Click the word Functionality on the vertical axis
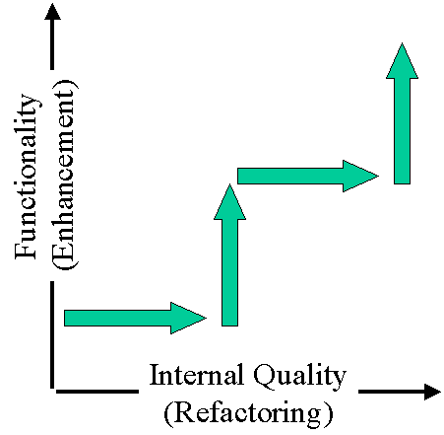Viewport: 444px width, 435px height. coord(27,177)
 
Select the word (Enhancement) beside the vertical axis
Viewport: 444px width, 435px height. coord(65,175)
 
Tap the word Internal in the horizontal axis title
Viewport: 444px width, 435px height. coord(197,375)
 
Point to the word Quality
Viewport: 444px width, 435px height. coord(299,377)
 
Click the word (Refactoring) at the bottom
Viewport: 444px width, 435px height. coord(248,413)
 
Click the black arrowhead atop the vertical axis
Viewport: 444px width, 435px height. coord(52,12)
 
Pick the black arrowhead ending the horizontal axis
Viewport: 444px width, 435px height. coord(432,392)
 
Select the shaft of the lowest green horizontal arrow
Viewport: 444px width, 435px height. coord(117,318)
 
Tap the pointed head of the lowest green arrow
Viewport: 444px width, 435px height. coord(188,318)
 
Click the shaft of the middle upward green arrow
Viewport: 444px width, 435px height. coord(229,272)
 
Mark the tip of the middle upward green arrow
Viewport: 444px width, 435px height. coord(229,184)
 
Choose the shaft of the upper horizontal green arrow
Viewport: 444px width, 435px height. coord(290,176)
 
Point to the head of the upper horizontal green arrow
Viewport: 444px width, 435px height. coord(360,176)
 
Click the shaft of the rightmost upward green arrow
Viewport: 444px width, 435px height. coord(402,131)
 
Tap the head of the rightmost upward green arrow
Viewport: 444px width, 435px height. coord(402,60)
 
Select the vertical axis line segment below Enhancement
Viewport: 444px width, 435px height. coord(52,334)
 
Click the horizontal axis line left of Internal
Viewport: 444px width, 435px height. coord(97,392)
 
